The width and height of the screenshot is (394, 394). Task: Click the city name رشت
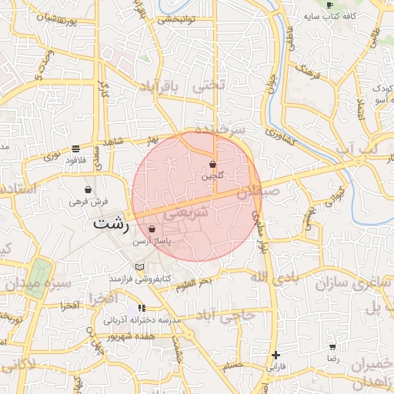[109, 224]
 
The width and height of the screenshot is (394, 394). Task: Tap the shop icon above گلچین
[212, 164]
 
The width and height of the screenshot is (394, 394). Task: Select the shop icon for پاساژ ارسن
[152, 229]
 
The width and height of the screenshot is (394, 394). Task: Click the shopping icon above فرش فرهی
[88, 189]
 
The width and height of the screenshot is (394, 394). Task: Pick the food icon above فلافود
[75, 149]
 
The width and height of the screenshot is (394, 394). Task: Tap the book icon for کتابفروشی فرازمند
[139, 266]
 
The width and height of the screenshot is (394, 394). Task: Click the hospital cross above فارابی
[275, 355]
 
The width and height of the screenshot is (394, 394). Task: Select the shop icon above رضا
[332, 348]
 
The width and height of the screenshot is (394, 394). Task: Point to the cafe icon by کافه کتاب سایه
[330, 5]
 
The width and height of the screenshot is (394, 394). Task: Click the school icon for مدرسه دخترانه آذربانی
[142, 308]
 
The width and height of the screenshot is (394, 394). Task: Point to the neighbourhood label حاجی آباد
[229, 316]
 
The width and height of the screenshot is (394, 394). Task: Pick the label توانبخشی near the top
[179, 18]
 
